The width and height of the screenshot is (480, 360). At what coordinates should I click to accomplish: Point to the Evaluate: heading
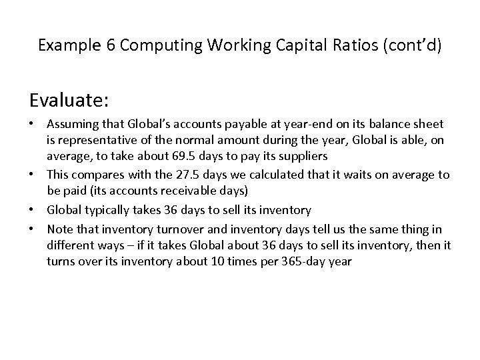pyautogui.click(x=69, y=101)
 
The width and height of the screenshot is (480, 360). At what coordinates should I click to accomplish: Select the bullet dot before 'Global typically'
pyautogui.click(x=33, y=211)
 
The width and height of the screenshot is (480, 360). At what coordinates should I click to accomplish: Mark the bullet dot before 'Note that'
pyautogui.click(x=33, y=228)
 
